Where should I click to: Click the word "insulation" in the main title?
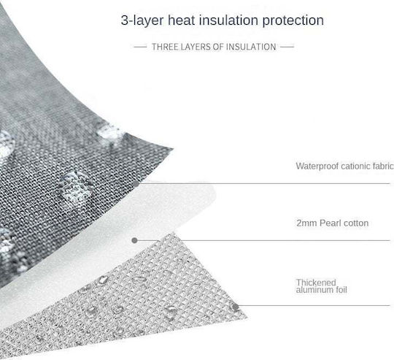click(x=228, y=20)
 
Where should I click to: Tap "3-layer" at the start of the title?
click(x=142, y=20)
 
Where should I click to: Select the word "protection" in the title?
click(x=293, y=20)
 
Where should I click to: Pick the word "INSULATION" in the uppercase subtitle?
click(x=251, y=47)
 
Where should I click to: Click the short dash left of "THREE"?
click(x=140, y=47)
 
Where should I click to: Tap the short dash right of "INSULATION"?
click(x=287, y=47)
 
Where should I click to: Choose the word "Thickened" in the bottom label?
click(x=316, y=283)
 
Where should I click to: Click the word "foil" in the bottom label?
click(x=341, y=290)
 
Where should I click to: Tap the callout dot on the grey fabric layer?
click(x=136, y=184)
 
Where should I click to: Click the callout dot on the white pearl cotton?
click(x=134, y=240)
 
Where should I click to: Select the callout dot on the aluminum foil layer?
click(x=235, y=307)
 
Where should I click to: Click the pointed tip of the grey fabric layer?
click(x=172, y=149)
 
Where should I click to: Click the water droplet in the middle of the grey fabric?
click(x=75, y=186)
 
